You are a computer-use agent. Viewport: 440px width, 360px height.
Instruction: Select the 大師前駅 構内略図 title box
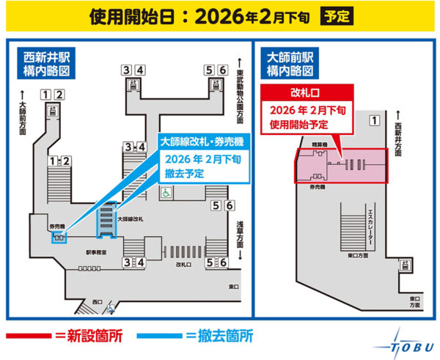coord(291,65)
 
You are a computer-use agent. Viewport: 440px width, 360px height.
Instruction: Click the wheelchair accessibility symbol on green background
coord(166,193)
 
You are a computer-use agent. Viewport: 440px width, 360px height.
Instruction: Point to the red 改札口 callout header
coord(307,94)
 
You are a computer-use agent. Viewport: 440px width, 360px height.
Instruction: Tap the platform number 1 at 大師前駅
coord(374,120)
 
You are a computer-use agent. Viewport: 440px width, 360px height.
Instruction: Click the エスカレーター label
coord(371,229)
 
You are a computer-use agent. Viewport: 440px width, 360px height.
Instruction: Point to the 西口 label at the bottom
coord(98,301)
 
